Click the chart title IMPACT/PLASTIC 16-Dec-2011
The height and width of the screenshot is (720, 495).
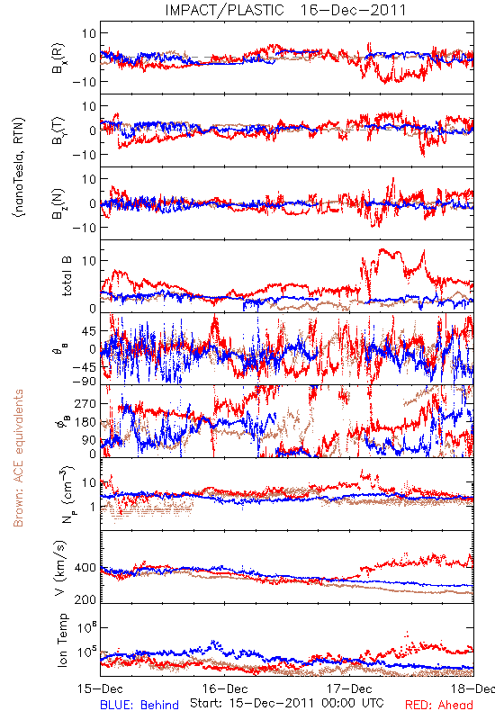point(285,10)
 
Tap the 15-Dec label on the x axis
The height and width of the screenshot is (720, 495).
point(101,689)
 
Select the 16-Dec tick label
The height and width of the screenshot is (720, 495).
point(225,689)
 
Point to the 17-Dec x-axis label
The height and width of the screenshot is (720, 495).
point(349,689)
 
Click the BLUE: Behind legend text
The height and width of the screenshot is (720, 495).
point(139,705)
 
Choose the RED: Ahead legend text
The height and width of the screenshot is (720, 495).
point(438,705)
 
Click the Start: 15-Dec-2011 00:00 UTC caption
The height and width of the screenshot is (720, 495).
point(287,703)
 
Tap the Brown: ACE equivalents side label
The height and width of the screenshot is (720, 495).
point(18,458)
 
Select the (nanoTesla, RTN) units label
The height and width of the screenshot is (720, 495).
point(19,167)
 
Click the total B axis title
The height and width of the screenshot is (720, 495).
point(67,276)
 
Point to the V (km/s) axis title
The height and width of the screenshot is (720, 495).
point(60,568)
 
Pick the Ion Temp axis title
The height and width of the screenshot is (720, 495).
point(62,640)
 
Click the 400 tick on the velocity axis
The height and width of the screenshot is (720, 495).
point(85,568)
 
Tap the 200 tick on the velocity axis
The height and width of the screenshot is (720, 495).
point(85,599)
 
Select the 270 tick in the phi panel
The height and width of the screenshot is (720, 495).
point(85,404)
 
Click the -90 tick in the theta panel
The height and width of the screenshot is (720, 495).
point(84,381)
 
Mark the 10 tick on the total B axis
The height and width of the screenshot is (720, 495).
point(89,261)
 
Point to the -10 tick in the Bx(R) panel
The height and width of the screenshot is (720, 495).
point(84,82)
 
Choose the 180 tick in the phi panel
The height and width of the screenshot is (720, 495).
point(85,422)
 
